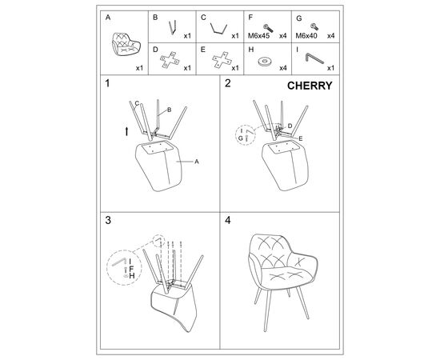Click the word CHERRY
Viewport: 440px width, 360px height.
tap(310, 86)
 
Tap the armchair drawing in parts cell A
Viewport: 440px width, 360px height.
tap(126, 44)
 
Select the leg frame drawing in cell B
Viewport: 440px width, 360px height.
tap(173, 27)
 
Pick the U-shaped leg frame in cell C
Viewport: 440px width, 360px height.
tap(218, 29)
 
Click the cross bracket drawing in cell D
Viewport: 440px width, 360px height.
tap(170, 60)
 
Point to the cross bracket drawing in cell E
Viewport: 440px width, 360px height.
tap(222, 60)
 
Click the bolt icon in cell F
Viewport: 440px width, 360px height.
tap(268, 28)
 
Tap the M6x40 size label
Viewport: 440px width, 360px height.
tap(306, 36)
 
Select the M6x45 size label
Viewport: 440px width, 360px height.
tap(258, 36)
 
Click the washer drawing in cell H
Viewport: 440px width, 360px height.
tap(265, 62)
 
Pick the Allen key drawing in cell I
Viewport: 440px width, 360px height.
tap(314, 58)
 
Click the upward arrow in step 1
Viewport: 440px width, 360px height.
tap(127, 131)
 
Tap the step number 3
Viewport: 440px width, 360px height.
tap(108, 221)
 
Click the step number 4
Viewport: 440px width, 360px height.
tap(227, 221)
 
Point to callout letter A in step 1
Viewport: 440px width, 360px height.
tap(197, 162)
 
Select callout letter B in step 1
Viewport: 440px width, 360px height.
tap(170, 110)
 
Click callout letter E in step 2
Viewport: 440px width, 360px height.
tap(301, 138)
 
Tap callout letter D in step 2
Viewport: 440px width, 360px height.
tap(290, 126)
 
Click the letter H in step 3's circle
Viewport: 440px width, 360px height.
tap(132, 276)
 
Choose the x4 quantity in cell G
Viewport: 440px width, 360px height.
tap(331, 36)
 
